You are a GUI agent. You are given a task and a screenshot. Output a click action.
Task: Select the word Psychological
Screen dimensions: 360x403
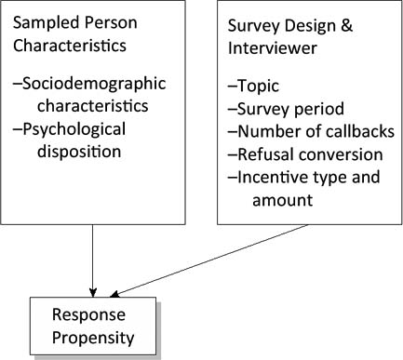[x=84, y=128]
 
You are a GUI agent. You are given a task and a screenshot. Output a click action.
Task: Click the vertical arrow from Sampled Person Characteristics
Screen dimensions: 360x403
[x=93, y=260]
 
